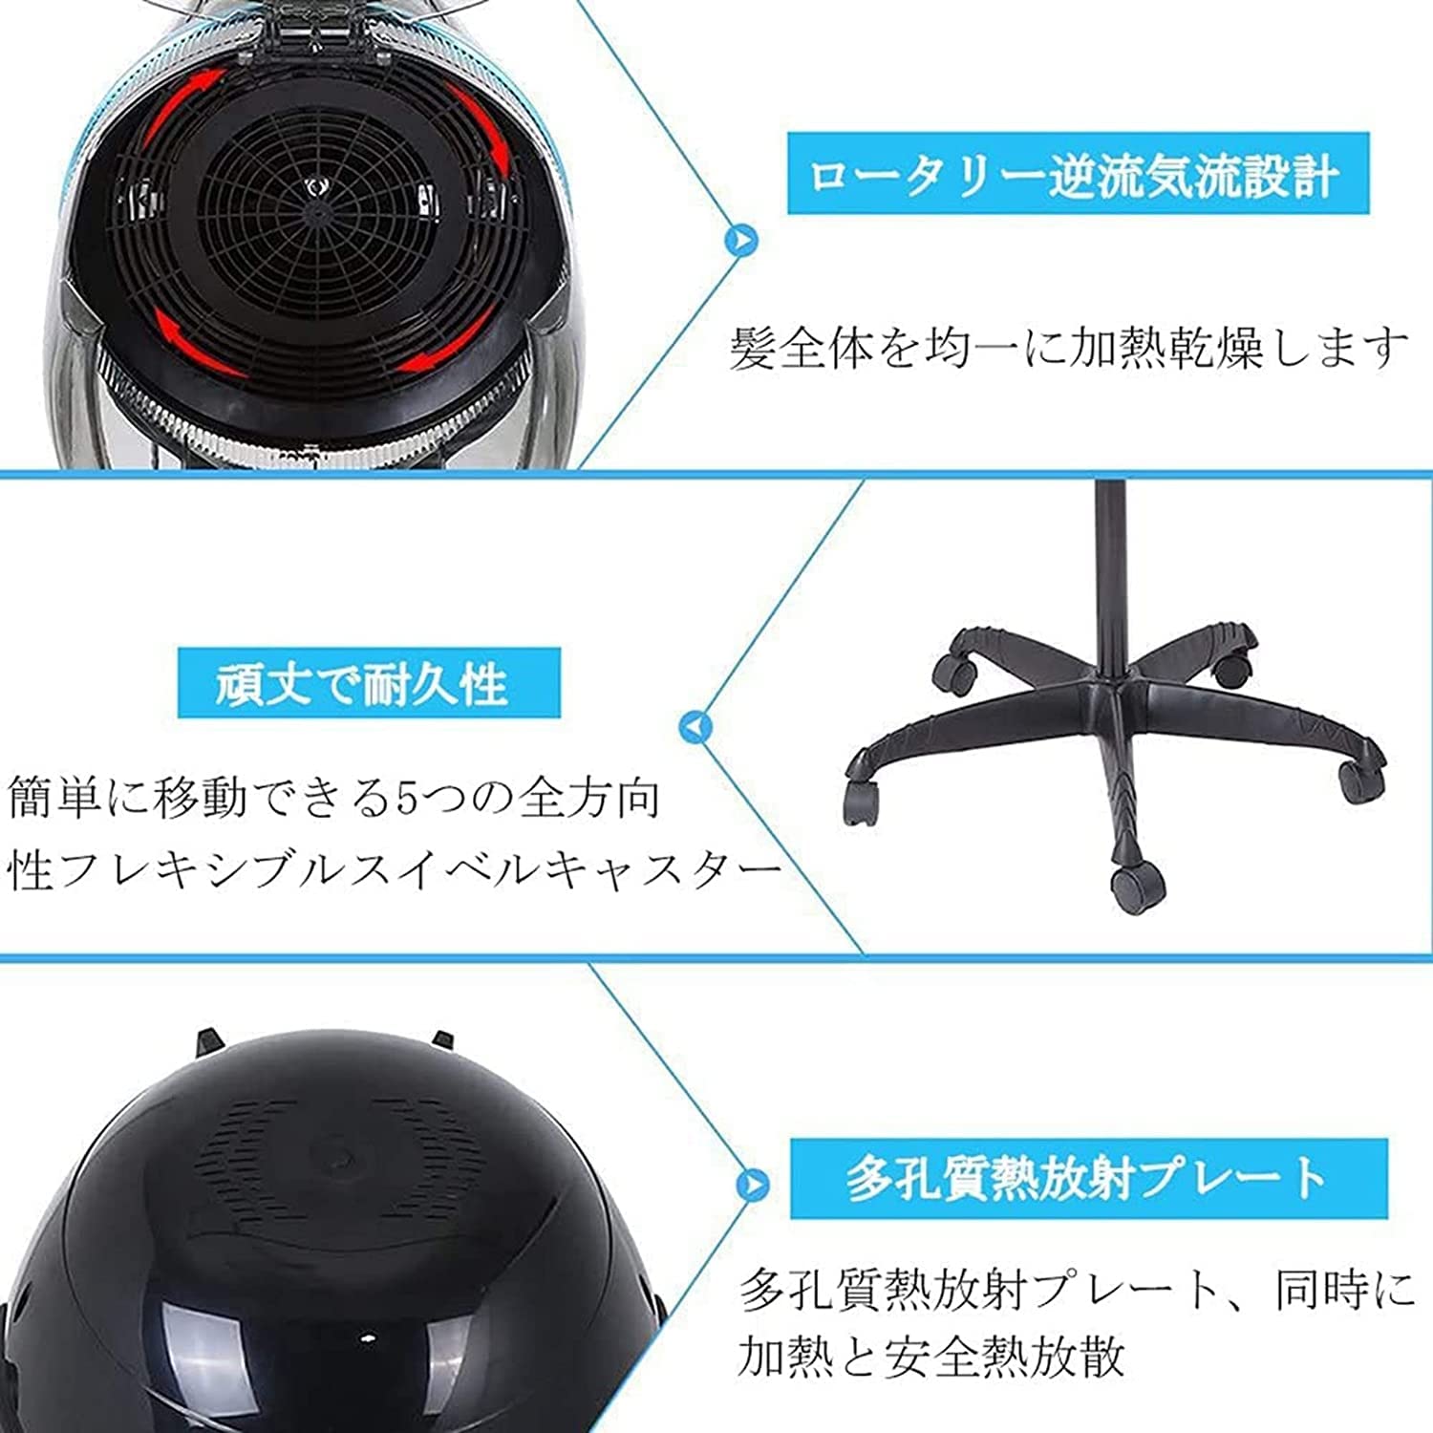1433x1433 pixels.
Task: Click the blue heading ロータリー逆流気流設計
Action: coord(1077,174)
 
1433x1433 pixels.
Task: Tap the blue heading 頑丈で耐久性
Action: coord(369,683)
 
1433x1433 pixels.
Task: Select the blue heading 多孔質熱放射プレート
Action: coord(1088,1178)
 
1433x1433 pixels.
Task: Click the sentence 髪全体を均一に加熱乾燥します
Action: coord(1068,348)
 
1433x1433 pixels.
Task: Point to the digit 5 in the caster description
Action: coord(408,799)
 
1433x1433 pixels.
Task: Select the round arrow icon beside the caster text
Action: coord(695,727)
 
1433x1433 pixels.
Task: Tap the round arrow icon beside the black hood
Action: coord(753,1185)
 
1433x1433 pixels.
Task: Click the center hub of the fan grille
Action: coord(311,187)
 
